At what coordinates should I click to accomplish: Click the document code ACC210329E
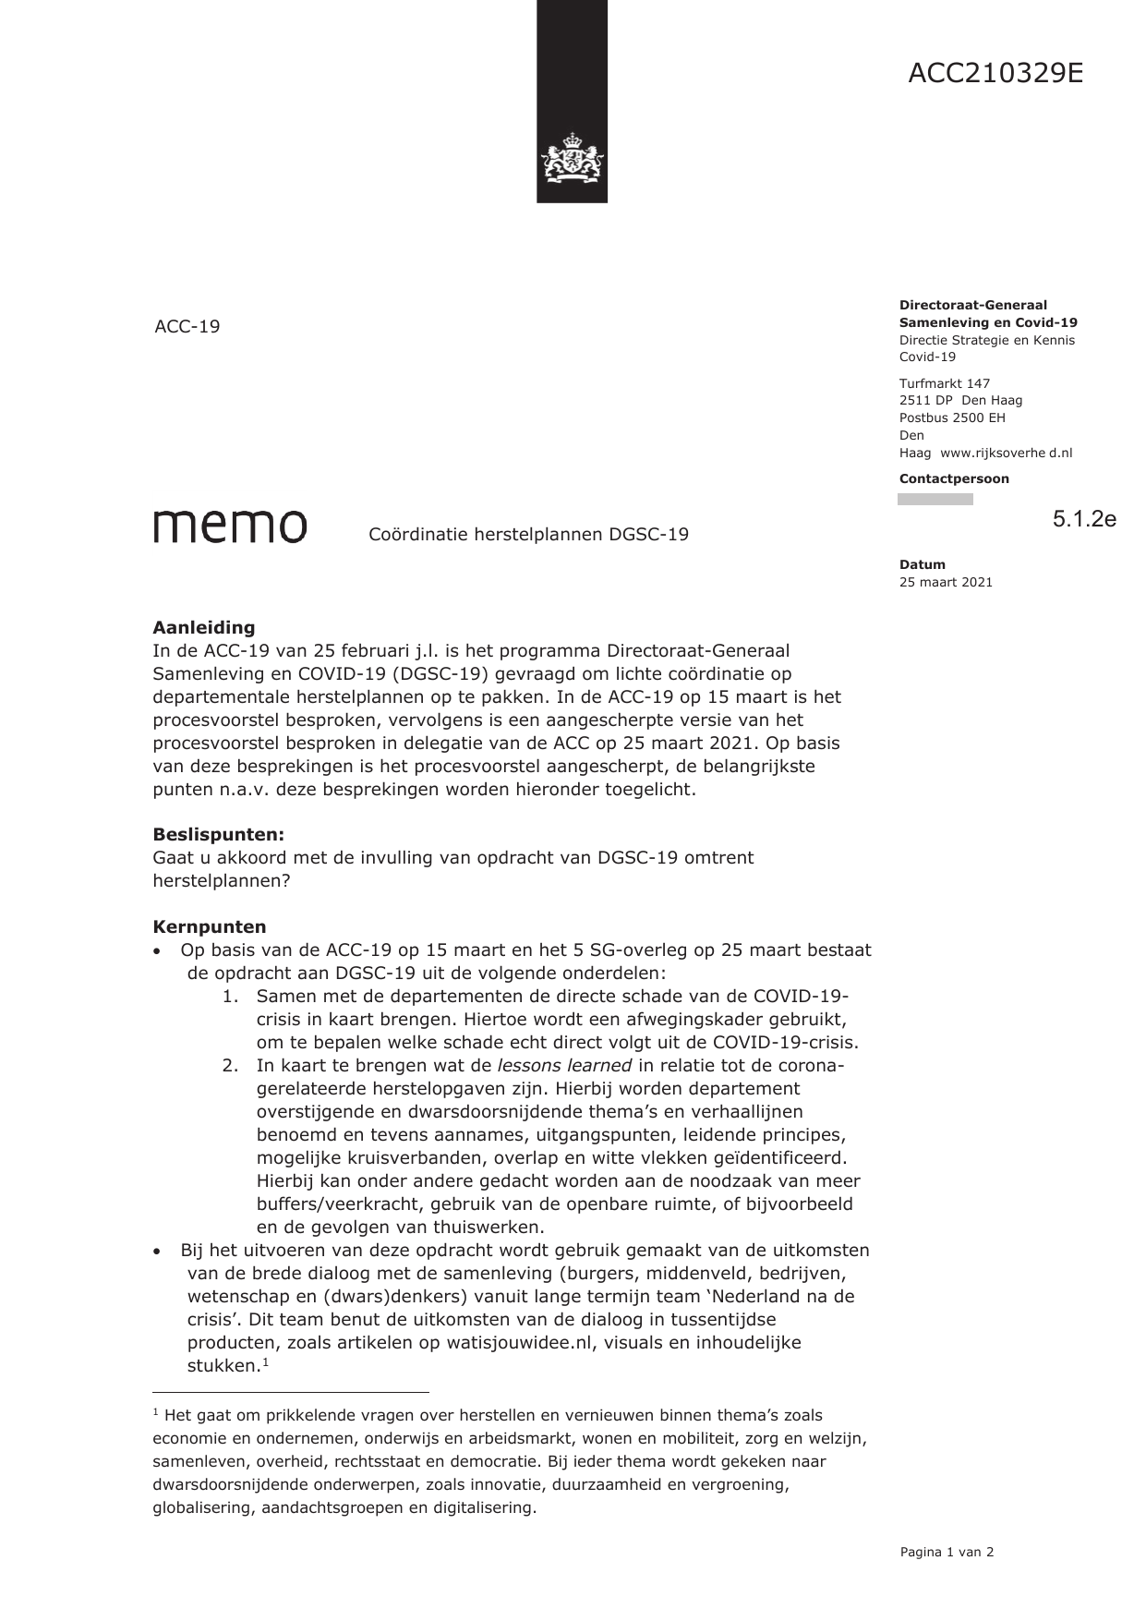click(995, 73)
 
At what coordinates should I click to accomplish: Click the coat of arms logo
click(572, 159)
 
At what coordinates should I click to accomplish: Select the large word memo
click(230, 526)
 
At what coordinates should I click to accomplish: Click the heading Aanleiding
click(203, 628)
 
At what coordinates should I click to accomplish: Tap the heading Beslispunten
click(218, 835)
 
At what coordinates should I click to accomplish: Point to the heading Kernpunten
click(209, 927)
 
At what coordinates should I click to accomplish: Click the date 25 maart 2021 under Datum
click(946, 582)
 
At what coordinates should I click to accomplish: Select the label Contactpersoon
click(954, 478)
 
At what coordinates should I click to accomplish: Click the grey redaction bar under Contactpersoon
click(935, 500)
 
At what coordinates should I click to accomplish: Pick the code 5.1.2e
click(1084, 519)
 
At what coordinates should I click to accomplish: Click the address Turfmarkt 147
click(944, 383)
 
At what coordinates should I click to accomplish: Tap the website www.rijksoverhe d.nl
click(1006, 453)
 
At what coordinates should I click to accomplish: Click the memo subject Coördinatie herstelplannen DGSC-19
click(528, 535)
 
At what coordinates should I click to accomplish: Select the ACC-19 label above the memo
click(187, 327)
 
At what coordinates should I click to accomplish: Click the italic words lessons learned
click(564, 1066)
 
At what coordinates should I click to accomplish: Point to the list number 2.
click(230, 1066)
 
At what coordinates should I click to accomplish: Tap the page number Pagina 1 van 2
click(947, 1553)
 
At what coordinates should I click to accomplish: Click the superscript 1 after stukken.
click(265, 1361)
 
